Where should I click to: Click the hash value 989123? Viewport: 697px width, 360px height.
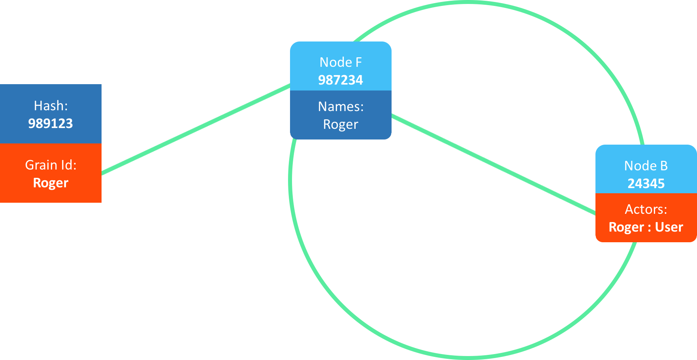tap(51, 123)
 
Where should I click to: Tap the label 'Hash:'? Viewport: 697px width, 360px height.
tap(51, 106)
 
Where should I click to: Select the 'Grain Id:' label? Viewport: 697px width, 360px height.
tap(51, 165)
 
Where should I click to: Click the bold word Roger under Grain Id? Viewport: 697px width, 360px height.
tap(51, 183)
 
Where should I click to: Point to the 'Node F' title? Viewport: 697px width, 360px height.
tap(341, 62)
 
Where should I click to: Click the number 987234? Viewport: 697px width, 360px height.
tap(341, 80)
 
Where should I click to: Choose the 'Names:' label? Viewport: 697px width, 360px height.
tap(341, 106)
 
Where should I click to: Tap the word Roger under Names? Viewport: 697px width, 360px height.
tap(341, 124)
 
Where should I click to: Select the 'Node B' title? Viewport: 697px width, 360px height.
tap(646, 166)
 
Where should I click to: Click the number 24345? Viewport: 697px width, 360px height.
tap(646, 183)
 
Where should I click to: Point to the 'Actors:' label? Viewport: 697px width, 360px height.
tap(646, 209)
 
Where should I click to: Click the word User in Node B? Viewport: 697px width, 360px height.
tap(669, 227)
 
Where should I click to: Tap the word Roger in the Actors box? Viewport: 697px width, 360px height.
tap(626, 227)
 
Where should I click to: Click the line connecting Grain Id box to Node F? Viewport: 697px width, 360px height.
tap(196, 128)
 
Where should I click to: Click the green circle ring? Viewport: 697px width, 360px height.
tap(470, 356)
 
